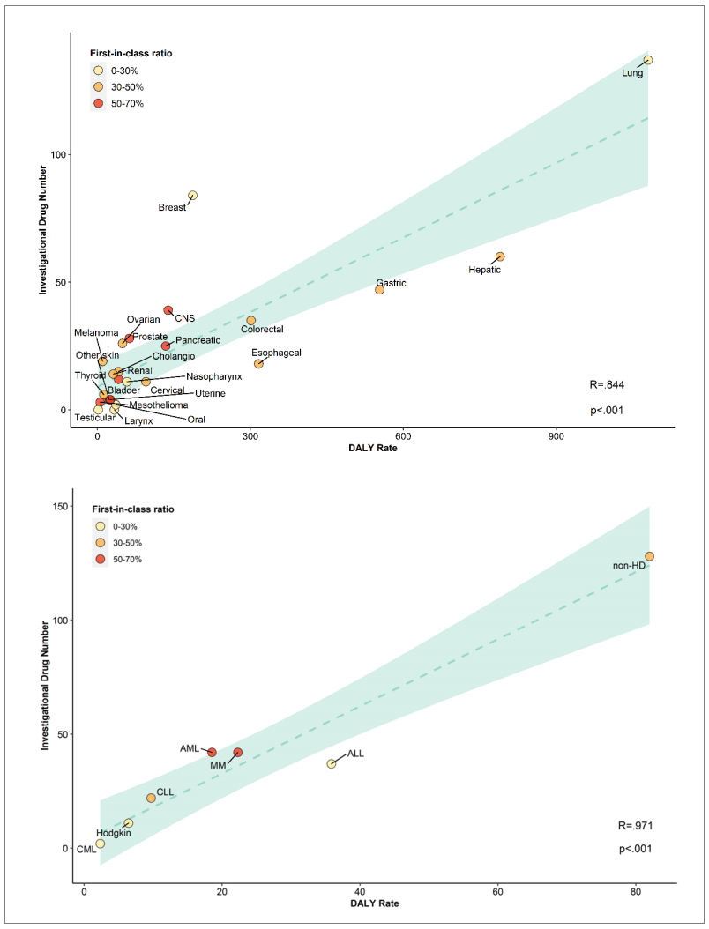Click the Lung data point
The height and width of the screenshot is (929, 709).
648,60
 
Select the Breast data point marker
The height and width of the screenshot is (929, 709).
192,196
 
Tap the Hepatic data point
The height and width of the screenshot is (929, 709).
500,256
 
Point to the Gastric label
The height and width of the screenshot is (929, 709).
391,283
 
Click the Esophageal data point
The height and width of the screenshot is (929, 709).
258,364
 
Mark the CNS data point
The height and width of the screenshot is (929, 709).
168,310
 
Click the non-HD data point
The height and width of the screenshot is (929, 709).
649,556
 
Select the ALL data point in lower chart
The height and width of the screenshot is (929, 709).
332,763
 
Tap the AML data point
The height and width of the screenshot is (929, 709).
212,752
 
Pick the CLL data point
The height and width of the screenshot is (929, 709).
151,798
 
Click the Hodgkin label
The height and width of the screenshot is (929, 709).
114,833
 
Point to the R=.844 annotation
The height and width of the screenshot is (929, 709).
607,384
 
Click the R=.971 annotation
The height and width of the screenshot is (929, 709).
635,826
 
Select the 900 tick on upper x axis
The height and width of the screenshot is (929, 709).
556,436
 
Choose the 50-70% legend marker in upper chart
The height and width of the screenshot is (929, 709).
99,103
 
